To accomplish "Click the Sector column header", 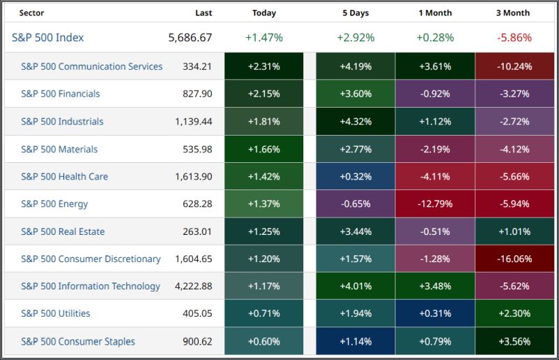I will [x=32, y=13].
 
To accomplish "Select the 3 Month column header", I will [x=513, y=13].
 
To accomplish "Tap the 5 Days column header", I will [x=356, y=13].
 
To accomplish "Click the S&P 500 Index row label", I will [x=48, y=38].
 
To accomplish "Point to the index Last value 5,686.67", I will [x=190, y=38].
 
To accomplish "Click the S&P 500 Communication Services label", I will [x=92, y=66].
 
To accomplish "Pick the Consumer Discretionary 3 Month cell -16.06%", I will [x=513, y=259].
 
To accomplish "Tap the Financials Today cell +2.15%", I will [x=264, y=94].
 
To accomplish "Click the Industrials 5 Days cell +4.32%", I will [x=356, y=122].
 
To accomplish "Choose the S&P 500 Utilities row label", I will [x=55, y=314].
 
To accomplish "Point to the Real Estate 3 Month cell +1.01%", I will [x=513, y=231].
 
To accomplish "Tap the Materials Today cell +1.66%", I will [x=264, y=149].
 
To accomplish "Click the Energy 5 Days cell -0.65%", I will [x=356, y=204].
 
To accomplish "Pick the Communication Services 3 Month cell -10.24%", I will [x=513, y=66].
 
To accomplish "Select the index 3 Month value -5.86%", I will [x=513, y=38].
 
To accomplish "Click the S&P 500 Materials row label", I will [x=59, y=149].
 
